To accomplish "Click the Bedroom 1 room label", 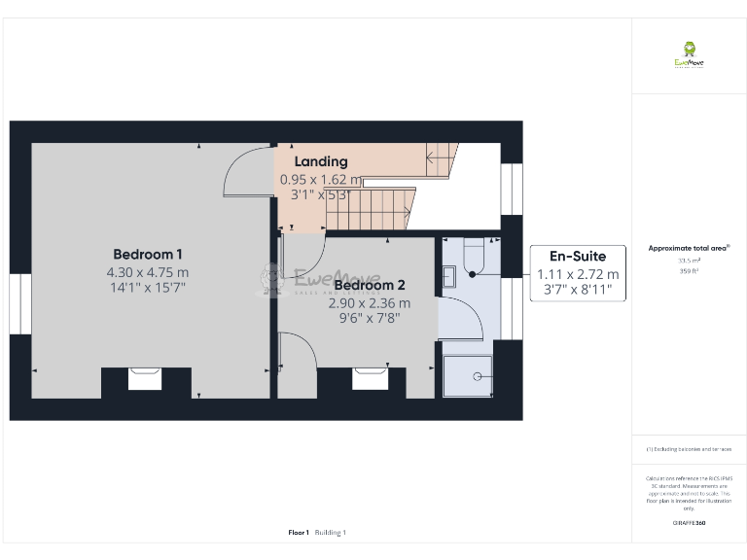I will click(148, 254).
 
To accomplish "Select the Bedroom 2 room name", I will click(369, 285).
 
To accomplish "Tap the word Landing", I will click(321, 161).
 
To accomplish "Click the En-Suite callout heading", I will click(578, 257).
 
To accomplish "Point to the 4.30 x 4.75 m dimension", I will click(148, 272).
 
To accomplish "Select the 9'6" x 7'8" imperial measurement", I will click(369, 317).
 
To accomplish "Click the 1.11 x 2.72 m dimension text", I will click(578, 274).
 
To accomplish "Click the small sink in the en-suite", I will click(448, 277).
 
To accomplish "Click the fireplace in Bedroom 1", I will click(145, 378).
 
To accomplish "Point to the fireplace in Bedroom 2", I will click(370, 378).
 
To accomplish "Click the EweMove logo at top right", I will click(689, 55).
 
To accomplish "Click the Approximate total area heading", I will click(689, 249).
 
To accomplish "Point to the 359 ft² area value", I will click(689, 271).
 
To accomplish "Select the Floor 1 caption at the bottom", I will click(299, 532).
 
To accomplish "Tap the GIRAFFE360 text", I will click(689, 523).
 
